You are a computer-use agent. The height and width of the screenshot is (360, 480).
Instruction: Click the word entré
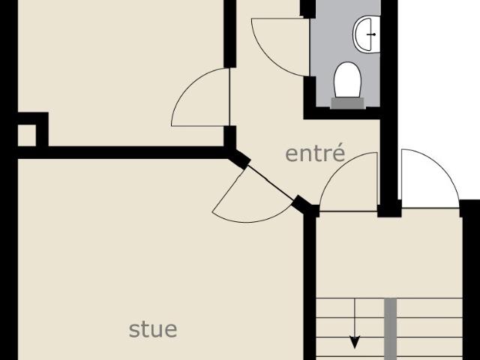point(315,153)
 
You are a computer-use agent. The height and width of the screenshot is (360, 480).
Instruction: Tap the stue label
point(153,329)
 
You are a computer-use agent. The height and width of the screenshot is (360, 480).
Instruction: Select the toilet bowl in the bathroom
point(347,79)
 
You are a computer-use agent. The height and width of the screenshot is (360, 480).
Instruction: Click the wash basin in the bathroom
point(367,34)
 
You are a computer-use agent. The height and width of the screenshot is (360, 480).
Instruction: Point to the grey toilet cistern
point(348,103)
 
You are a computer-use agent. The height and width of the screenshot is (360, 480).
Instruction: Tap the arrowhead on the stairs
point(355,342)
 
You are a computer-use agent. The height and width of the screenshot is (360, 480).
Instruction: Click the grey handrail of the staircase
point(390,329)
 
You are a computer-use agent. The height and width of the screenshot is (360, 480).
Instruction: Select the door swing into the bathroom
point(280,47)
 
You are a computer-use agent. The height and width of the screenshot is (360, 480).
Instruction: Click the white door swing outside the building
point(430,178)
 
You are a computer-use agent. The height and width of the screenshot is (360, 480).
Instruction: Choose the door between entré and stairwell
point(348,181)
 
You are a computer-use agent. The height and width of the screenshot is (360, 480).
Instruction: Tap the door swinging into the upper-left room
point(200,97)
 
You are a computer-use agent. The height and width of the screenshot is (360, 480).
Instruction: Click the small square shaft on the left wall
point(27,135)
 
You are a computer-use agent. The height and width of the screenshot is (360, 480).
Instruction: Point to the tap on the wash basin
point(371,34)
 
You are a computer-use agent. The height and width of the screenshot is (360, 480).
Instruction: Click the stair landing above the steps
point(388,254)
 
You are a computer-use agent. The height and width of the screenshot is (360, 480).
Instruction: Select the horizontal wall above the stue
point(122,152)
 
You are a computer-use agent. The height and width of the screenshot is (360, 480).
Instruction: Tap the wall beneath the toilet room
point(342,113)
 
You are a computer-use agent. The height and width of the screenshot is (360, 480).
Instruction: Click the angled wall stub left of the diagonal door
point(238,158)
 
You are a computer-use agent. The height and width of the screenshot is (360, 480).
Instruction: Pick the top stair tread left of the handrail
point(350,308)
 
